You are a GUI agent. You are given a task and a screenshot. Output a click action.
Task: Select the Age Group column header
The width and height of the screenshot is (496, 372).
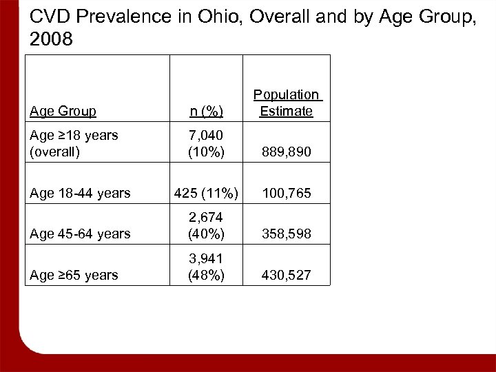pyautogui.click(x=63, y=111)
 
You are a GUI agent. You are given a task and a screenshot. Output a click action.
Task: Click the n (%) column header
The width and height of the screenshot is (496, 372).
pyautogui.click(x=206, y=111)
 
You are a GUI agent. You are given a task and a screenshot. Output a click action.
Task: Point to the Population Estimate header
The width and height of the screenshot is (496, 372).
pyautogui.click(x=286, y=103)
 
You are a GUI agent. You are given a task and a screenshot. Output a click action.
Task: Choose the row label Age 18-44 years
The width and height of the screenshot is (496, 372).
pyautogui.click(x=81, y=194)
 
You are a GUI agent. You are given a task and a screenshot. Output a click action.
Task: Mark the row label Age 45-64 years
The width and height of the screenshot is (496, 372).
pyautogui.click(x=81, y=234)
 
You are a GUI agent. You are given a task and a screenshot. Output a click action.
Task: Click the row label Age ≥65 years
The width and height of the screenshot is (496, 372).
pyautogui.click(x=74, y=275)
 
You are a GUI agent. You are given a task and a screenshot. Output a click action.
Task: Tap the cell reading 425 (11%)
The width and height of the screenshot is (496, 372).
pyautogui.click(x=206, y=194)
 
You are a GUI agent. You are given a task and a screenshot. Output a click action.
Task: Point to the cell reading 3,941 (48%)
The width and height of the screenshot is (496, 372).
pyautogui.click(x=206, y=267)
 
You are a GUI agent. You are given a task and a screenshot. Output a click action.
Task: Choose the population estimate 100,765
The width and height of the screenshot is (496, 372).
pyautogui.click(x=286, y=194)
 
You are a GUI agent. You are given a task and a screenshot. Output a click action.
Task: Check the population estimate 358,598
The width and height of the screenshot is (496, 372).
pyautogui.click(x=286, y=234)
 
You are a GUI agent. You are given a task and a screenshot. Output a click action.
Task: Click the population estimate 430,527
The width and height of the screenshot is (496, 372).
pyautogui.click(x=286, y=275)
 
